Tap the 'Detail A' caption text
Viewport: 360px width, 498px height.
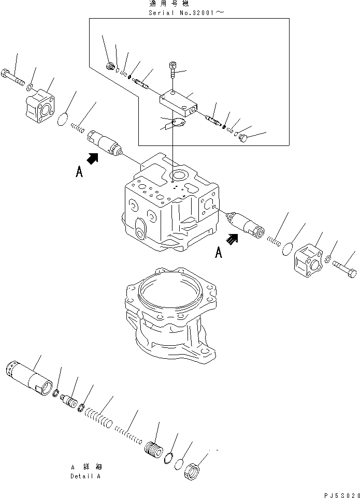pyautogui.click(x=85, y=476)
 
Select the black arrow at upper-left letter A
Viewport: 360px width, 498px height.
pyautogui.click(x=93, y=160)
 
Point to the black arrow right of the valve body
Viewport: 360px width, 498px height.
pyautogui.click(x=233, y=239)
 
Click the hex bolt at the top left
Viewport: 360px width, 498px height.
pyautogui.click(x=13, y=77)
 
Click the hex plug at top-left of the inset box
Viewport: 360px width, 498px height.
pyautogui.click(x=110, y=66)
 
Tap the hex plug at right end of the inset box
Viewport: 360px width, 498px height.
pyautogui.click(x=245, y=138)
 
